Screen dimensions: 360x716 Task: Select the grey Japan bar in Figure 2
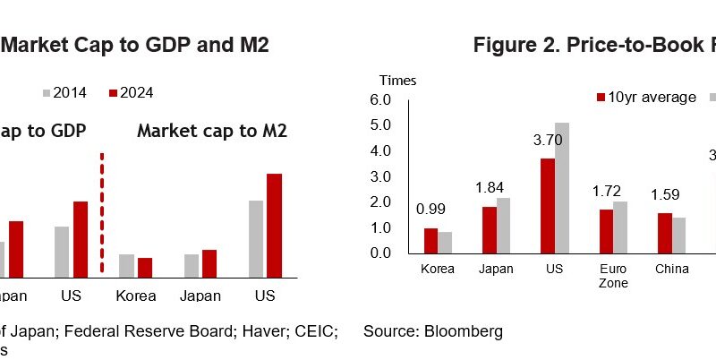[x=503, y=225]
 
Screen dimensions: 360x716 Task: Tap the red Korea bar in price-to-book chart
[x=430, y=240]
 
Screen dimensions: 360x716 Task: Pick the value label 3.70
[x=547, y=140]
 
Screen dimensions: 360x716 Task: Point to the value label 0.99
[x=431, y=210]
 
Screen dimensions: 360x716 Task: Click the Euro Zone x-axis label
[x=613, y=275]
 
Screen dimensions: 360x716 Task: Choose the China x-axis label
[x=671, y=268]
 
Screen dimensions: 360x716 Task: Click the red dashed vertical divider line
[x=102, y=212]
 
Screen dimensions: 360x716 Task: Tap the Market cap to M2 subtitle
[x=212, y=132]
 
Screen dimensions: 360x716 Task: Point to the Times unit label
[x=397, y=81]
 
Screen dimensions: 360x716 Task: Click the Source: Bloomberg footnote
[x=433, y=331]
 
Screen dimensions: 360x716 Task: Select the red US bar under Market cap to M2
[x=274, y=226]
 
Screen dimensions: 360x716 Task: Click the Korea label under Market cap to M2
[x=136, y=296]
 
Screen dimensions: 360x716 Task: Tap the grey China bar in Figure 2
[x=678, y=235]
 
